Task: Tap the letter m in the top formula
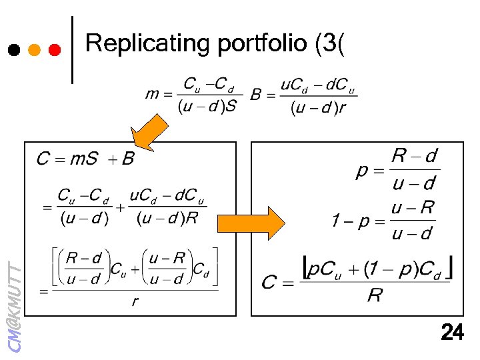pos(152,95)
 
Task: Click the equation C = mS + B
pos(85,159)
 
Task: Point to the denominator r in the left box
pos(135,301)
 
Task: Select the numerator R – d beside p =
pos(414,157)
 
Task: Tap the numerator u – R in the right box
pos(413,208)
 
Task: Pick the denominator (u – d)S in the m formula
pos(207,107)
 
